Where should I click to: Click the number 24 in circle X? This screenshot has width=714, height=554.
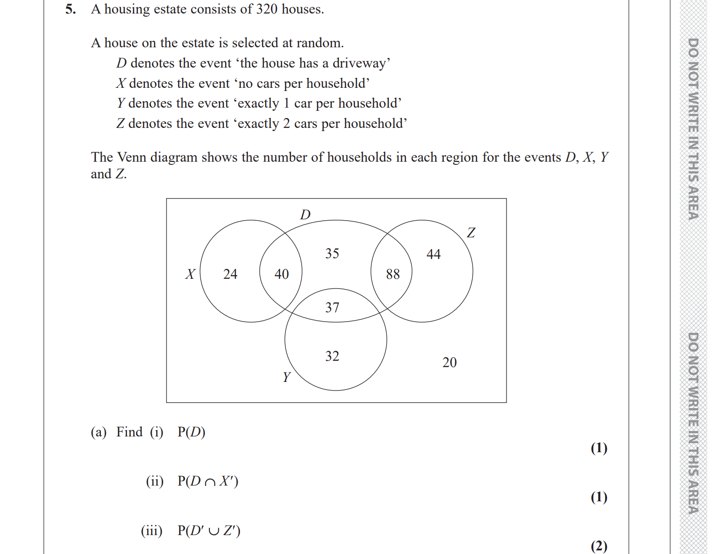click(x=230, y=274)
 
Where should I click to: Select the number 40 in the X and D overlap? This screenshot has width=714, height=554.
click(x=281, y=274)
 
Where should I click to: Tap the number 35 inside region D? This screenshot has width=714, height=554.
click(x=332, y=254)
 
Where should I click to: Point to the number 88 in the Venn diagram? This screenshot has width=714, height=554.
click(x=393, y=274)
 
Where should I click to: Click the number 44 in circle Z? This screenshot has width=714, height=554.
click(x=433, y=254)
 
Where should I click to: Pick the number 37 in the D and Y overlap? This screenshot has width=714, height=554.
click(x=332, y=308)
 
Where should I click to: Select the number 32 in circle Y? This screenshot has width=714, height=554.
click(x=332, y=356)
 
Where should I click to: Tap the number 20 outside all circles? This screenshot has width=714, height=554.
click(x=449, y=362)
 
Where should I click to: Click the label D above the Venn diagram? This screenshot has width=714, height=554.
click(x=305, y=214)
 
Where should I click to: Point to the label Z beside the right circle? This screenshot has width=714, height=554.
click(x=471, y=233)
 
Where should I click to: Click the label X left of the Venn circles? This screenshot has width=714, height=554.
click(x=190, y=274)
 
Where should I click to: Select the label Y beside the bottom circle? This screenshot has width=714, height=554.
click(x=286, y=377)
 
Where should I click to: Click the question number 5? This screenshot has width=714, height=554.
click(x=70, y=9)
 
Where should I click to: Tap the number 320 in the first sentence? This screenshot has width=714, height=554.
click(x=267, y=9)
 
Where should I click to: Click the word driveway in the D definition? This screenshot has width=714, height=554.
click(x=359, y=63)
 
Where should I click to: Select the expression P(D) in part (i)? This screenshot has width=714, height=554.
click(x=191, y=432)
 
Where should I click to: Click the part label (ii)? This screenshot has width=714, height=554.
click(x=154, y=481)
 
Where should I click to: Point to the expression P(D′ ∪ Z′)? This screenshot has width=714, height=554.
click(x=209, y=531)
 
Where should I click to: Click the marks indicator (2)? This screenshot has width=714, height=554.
click(x=599, y=546)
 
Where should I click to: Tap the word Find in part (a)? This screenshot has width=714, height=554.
click(x=129, y=432)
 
